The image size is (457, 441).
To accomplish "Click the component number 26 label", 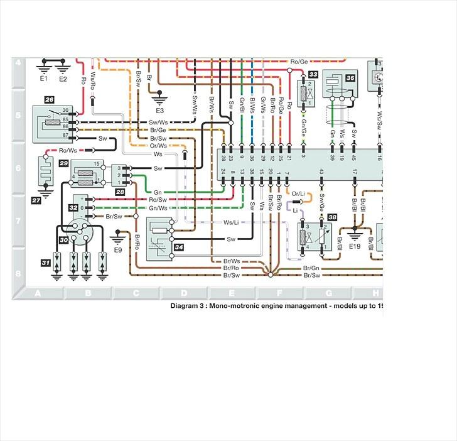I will click(x=49, y=100).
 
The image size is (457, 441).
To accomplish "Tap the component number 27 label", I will click(x=36, y=200).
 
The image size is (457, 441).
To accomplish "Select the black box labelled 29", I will click(x=63, y=163).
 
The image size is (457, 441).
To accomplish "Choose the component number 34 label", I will click(x=179, y=248).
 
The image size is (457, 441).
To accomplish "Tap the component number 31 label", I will click(x=46, y=262).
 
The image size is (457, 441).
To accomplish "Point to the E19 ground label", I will click(x=355, y=247).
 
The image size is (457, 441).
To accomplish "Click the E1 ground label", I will click(x=44, y=80).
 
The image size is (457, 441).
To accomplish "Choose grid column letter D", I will click(x=183, y=293).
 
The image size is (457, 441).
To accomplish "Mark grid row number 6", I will click(x=18, y=168).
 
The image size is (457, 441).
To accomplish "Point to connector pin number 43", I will click(x=321, y=171).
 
